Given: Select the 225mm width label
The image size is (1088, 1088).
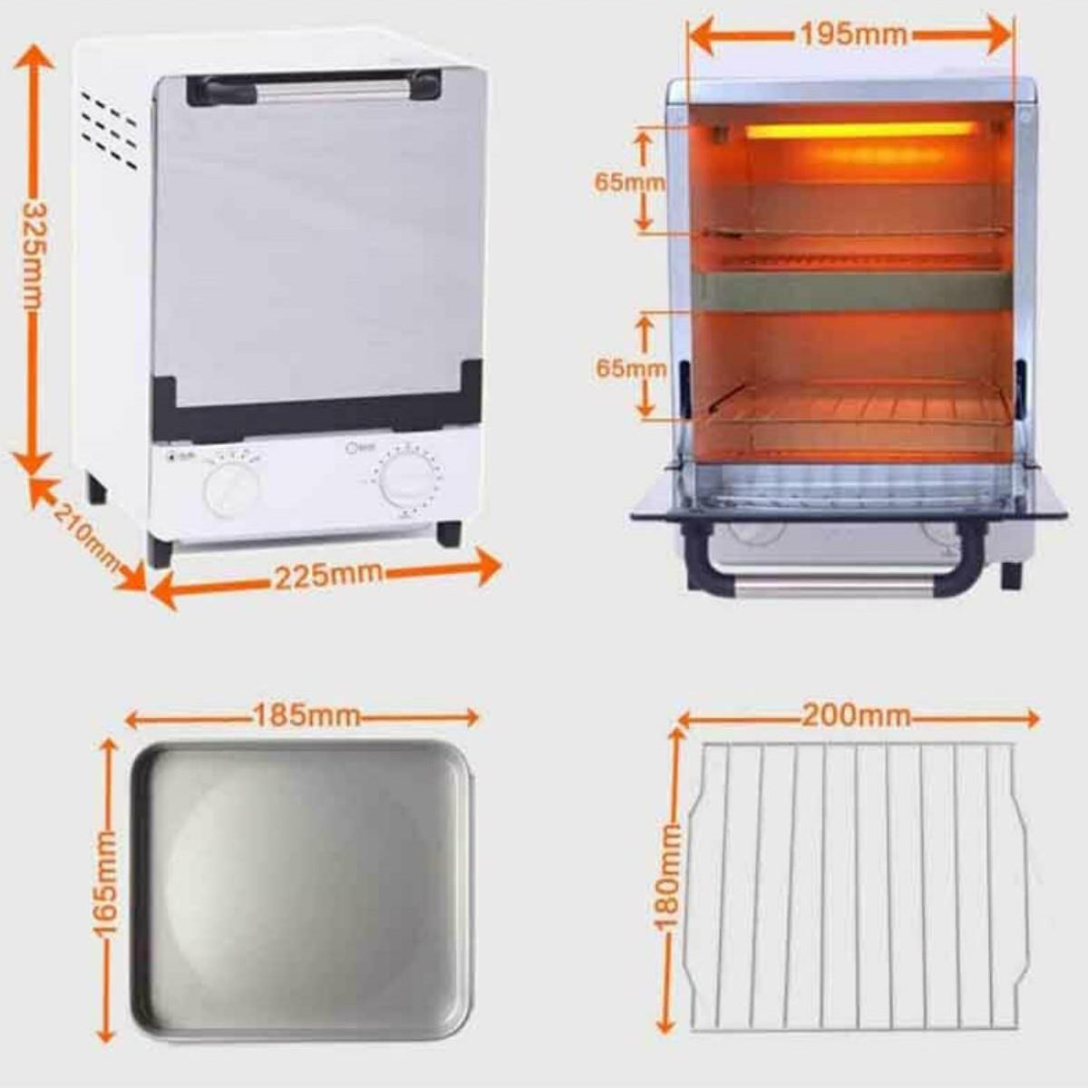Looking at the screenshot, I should pos(328,575).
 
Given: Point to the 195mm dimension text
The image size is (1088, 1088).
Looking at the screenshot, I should pos(851,34).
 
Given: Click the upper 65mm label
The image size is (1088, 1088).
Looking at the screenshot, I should pos(628,181).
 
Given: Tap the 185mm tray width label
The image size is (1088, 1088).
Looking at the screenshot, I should pos(306,716).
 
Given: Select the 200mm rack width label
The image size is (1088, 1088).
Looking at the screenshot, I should pos(855,716).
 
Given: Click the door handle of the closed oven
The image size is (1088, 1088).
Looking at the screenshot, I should pos(314,88).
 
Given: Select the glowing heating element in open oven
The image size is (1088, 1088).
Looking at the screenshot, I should pos(861,131).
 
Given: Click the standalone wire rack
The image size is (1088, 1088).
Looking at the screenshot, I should pos(857,884).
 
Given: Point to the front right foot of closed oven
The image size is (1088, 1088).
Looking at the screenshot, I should pos(449,532).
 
